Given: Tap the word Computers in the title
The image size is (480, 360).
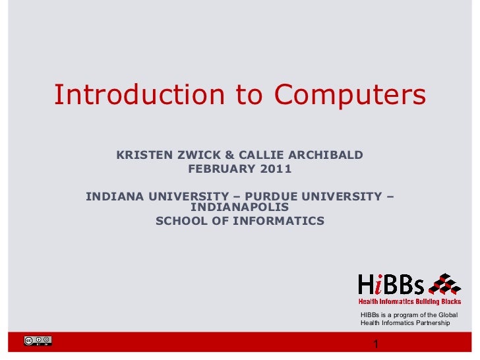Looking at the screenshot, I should [x=350, y=95].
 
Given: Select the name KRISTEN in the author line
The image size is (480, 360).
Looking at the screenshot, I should [x=144, y=156].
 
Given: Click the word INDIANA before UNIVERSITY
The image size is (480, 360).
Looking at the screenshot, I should [x=115, y=196].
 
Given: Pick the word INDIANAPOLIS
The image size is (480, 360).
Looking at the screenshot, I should [x=239, y=208].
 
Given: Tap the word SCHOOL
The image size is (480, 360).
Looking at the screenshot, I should [x=181, y=221].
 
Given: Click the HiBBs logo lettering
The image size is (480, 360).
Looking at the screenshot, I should [x=391, y=285].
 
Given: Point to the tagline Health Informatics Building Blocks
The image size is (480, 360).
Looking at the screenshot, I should [x=409, y=301].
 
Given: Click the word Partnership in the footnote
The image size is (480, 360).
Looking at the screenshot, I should [x=429, y=323].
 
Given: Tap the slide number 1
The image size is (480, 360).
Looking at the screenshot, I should [x=375, y=345].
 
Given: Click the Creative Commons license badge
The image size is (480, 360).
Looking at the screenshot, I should [x=38, y=342].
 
